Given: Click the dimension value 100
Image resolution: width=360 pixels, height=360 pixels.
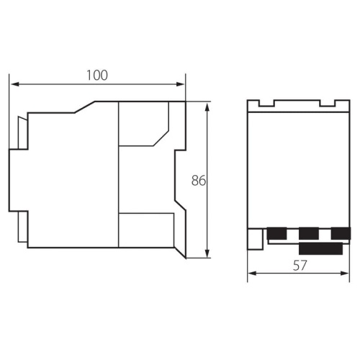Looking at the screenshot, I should [98, 75].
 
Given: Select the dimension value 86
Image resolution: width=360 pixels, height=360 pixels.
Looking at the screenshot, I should [199, 180].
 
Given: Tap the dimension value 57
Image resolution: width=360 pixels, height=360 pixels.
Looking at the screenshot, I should [300, 265].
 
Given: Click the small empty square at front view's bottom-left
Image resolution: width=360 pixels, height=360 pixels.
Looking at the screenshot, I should [255, 238].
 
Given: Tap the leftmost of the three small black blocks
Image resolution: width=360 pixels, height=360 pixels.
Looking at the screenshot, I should [276, 233].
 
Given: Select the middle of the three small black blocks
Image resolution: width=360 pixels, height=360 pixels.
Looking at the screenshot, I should [308, 233].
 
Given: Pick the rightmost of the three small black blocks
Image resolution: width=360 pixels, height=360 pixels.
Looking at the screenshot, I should [340, 233].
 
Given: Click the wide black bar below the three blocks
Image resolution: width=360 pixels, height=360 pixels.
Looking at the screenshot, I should [320, 248].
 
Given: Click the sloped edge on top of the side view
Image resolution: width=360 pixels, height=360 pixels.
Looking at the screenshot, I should [86, 107].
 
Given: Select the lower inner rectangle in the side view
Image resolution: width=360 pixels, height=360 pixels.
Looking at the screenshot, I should [145, 230].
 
